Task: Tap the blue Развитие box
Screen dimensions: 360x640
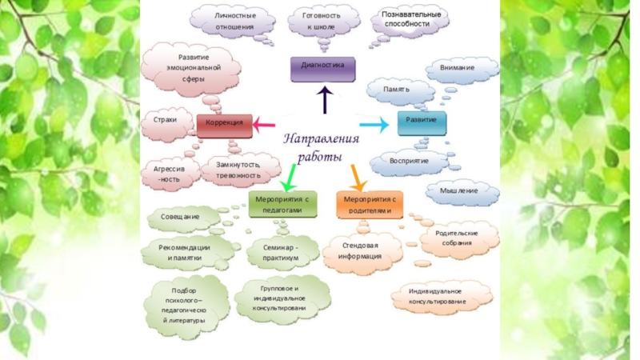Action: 419,123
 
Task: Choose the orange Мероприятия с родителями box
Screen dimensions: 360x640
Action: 368,204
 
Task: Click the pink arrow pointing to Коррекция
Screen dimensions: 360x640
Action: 263,124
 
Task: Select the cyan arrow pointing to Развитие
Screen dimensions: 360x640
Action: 374,125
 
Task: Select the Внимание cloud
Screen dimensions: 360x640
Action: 457,69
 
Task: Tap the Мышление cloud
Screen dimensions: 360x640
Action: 458,191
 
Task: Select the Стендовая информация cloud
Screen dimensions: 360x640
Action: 360,251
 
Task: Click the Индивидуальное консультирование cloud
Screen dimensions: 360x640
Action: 441,296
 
